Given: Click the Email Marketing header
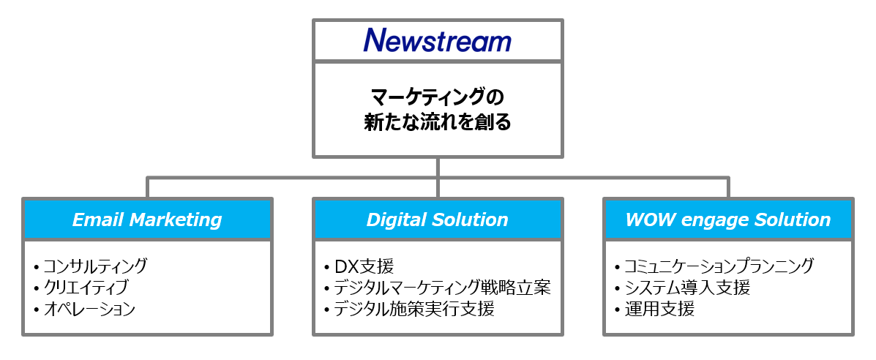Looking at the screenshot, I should (x=147, y=220).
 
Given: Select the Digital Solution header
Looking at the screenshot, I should (x=438, y=220).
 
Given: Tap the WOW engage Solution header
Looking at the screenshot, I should (x=728, y=220).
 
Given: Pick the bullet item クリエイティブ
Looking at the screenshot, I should (x=86, y=287).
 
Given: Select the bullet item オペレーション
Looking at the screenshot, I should (x=89, y=309).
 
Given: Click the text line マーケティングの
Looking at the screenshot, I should (x=438, y=97).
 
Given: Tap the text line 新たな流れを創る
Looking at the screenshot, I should (x=438, y=122).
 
